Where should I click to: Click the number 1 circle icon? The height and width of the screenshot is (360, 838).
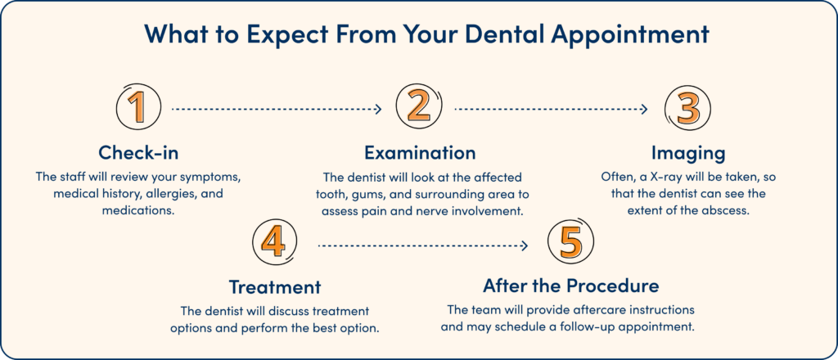tap(138, 108)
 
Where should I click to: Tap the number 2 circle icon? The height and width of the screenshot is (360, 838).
tap(419, 108)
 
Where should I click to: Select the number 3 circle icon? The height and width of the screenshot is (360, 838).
tap(688, 108)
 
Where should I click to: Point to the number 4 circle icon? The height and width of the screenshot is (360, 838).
tap(275, 245)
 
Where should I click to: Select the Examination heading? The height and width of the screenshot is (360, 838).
tap(419, 153)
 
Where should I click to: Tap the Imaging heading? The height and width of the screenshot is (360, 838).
tap(688, 153)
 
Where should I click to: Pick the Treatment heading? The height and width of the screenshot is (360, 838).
tap(274, 287)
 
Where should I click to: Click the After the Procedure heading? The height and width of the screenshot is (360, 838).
tap(570, 287)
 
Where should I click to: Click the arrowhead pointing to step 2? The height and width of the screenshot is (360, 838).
tap(378, 108)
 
